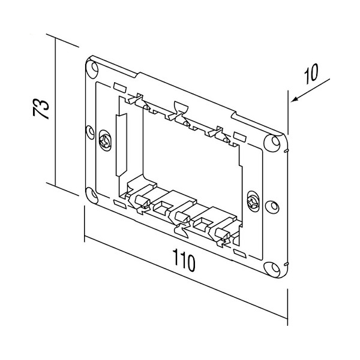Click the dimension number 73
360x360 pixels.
coord(39,111)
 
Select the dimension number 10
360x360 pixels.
coord(311,76)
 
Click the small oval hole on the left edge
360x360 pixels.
coord(90,130)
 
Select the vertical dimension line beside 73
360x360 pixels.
coord(55,111)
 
